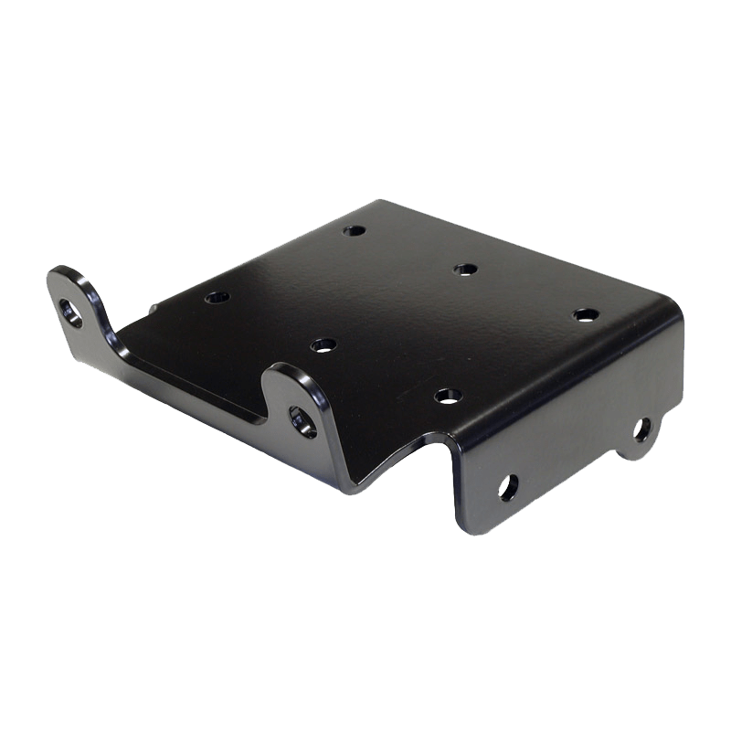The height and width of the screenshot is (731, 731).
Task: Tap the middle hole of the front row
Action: pos(323,344)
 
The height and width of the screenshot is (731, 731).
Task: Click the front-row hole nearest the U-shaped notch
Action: pos(444,395)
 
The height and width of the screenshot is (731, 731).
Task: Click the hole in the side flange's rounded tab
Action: pos(643,428)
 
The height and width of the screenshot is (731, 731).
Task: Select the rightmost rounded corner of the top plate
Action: pos(674,311)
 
